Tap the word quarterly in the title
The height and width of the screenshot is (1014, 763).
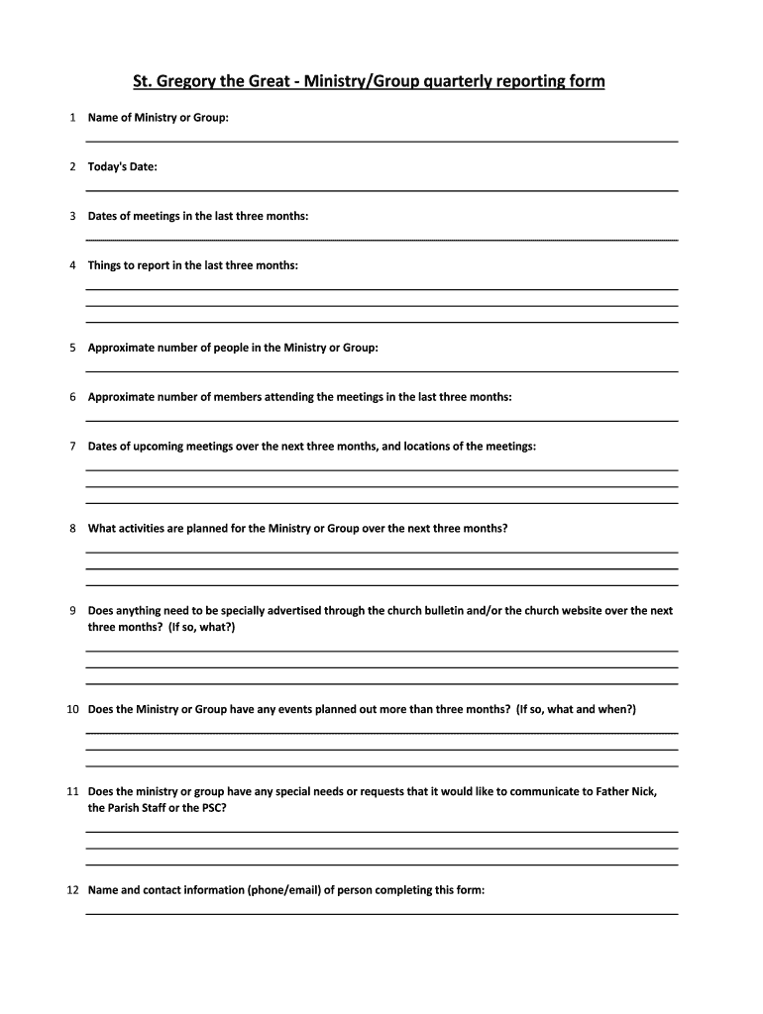coord(462,80)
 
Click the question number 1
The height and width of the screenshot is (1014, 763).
coord(73,118)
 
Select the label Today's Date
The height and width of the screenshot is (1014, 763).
coord(122,166)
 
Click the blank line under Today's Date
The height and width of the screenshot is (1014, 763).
coord(381,190)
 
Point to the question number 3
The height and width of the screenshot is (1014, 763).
coord(73,216)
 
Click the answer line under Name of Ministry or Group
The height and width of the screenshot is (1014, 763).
coord(381,142)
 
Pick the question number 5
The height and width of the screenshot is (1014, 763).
coord(73,348)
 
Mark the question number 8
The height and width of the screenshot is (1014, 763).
coord(73,528)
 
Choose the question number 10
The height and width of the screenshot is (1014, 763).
coord(72,709)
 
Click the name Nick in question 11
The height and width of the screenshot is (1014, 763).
coord(644,791)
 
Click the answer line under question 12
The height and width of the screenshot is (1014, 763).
coord(381,913)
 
